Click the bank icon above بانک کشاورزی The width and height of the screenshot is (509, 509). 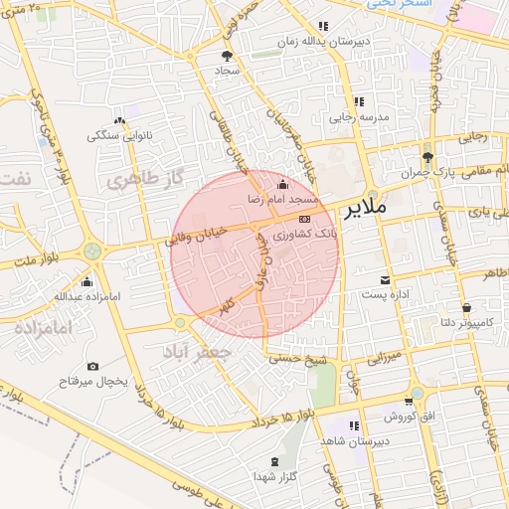(304, 218)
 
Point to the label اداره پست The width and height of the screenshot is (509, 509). (384, 295)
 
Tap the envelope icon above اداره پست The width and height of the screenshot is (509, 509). (385, 279)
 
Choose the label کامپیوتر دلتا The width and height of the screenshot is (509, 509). (467, 322)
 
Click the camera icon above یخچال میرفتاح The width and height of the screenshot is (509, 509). (93, 367)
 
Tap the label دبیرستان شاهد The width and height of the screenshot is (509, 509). (355, 440)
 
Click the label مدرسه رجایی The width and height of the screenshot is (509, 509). (359, 117)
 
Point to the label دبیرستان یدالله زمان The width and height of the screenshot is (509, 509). (322, 42)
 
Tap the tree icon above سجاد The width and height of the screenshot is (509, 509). (227, 57)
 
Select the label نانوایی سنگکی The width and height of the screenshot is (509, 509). (116, 134)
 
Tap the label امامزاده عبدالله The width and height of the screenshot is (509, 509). (86, 296)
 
